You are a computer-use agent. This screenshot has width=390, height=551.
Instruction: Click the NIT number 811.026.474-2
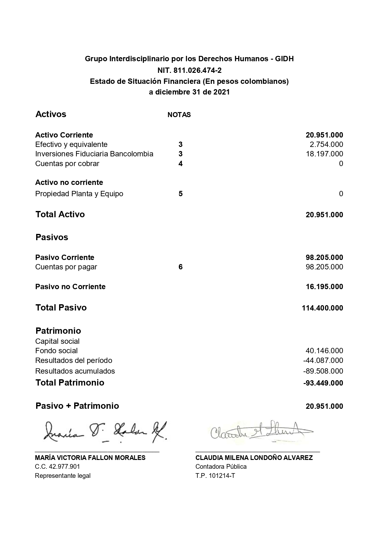pos(190,70)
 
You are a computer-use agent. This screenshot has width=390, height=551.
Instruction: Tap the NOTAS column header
pos(179,115)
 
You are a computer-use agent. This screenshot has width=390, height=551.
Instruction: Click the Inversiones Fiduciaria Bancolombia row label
pos(94,154)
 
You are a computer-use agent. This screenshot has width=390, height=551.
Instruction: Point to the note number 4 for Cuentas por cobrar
pos(180,164)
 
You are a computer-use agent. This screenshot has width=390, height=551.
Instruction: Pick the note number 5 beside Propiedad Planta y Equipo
pos(180,194)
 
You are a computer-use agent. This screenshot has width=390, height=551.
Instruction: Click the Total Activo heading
pos(60,214)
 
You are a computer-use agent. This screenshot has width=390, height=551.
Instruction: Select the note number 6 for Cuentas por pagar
pos(180,267)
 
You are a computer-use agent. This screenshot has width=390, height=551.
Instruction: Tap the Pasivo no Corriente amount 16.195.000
pos(324,287)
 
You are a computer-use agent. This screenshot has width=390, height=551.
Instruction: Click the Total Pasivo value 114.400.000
pos(322,308)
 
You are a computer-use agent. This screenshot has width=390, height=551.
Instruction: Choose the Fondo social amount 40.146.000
pos(324,351)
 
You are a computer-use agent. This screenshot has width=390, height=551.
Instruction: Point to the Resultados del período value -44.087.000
pos(323,360)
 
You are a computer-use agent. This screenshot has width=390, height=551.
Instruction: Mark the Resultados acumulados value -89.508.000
pos(323,371)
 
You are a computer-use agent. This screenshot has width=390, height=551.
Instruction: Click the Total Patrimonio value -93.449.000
pos(323,383)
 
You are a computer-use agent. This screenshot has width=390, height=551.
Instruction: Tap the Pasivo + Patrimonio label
pos(77,406)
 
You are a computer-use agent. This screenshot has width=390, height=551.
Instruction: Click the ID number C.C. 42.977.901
pos(57,467)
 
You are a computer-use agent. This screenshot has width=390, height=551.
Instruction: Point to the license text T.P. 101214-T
pos(215,476)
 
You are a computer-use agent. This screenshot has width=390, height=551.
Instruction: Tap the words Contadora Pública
pos(221,467)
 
